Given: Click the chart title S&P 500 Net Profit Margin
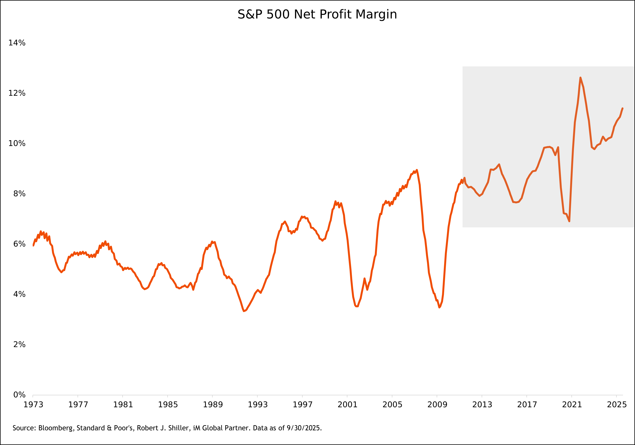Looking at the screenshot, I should (317, 14).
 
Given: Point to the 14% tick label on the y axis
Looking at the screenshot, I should (17, 43).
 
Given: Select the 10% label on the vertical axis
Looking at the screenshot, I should (17, 143).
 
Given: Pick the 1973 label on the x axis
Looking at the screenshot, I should (33, 405).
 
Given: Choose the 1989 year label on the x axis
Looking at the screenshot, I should (213, 405).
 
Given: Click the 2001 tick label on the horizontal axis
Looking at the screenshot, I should (347, 405).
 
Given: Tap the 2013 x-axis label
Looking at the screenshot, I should (482, 405).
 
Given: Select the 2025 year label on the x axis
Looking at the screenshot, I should (617, 405).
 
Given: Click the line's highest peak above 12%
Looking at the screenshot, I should (580, 78).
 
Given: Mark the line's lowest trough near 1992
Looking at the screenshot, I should (244, 311).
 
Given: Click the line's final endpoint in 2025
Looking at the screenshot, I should (622, 108).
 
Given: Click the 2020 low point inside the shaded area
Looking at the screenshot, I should (569, 221).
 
